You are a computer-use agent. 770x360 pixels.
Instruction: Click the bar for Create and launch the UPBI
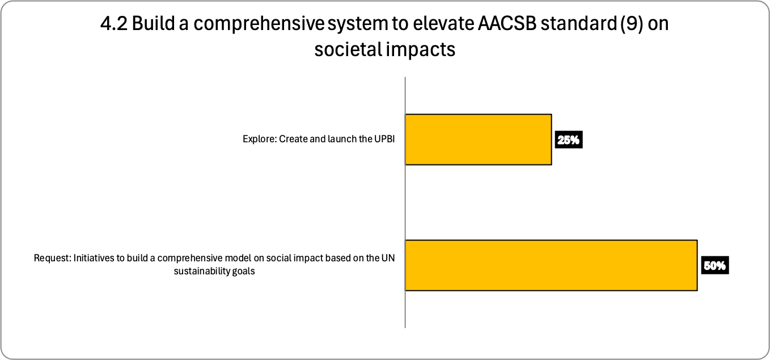[479, 139]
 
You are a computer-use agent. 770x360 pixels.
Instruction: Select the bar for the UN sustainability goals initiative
[551, 265]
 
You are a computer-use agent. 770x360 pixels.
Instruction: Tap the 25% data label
[569, 139]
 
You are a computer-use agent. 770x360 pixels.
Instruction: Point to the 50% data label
[715, 265]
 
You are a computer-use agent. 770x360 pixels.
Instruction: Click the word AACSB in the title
[507, 23]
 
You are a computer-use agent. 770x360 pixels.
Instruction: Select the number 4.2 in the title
[114, 23]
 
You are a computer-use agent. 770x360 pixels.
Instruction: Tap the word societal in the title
[348, 49]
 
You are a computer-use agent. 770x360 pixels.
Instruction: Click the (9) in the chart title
[632, 24]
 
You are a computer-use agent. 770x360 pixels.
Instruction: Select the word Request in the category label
[52, 258]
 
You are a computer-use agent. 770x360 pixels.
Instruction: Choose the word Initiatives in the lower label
[94, 258]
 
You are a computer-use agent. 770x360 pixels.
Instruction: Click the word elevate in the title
[442, 23]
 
